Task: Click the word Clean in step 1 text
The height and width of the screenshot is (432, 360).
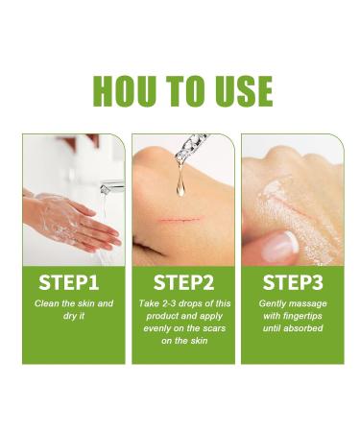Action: click(x=49, y=303)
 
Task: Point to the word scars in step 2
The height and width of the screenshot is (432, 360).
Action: click(x=211, y=326)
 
